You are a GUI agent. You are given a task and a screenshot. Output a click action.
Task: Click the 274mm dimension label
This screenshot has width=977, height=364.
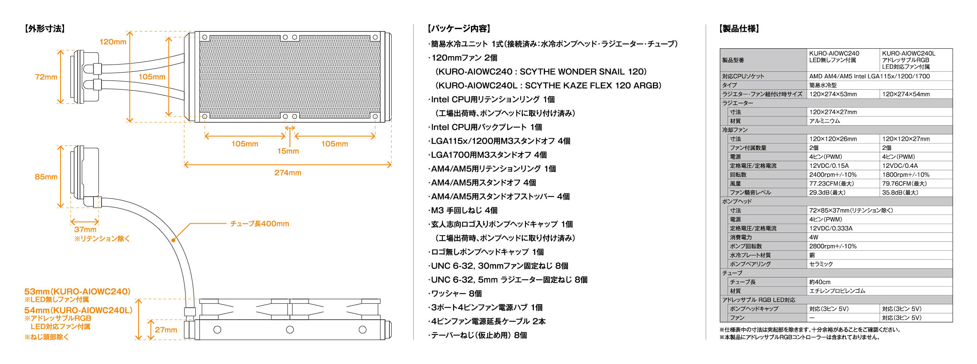(x=287, y=173)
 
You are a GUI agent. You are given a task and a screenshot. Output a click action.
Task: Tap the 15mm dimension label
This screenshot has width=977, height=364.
(x=288, y=151)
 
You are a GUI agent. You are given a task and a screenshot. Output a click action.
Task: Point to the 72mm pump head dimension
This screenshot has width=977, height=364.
(x=46, y=77)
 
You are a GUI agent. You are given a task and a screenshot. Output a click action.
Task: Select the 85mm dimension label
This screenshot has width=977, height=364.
(x=46, y=177)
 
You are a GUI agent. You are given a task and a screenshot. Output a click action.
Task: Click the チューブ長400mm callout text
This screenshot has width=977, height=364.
(x=260, y=224)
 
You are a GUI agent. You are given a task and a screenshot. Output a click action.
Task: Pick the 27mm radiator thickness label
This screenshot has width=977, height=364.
(x=166, y=330)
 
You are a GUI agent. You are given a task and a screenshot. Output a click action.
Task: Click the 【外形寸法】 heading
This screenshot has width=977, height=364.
(x=44, y=29)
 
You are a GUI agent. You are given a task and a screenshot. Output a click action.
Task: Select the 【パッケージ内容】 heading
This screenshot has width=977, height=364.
(x=459, y=29)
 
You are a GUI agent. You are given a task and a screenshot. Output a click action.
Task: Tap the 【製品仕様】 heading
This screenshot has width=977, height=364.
(x=739, y=29)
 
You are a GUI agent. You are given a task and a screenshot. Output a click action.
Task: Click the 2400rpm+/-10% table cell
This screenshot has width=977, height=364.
(x=833, y=175)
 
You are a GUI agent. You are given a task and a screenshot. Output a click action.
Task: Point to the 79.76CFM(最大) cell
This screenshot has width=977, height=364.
(x=904, y=184)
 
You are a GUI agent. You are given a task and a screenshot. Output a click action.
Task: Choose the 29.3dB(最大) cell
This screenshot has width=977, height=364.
(x=827, y=193)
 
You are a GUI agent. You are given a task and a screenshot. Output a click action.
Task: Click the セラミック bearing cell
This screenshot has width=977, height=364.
(x=821, y=264)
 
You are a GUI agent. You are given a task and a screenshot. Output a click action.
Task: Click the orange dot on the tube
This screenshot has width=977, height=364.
(x=174, y=240)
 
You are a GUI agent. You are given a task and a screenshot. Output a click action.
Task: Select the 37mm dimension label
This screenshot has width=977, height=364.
(x=85, y=229)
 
